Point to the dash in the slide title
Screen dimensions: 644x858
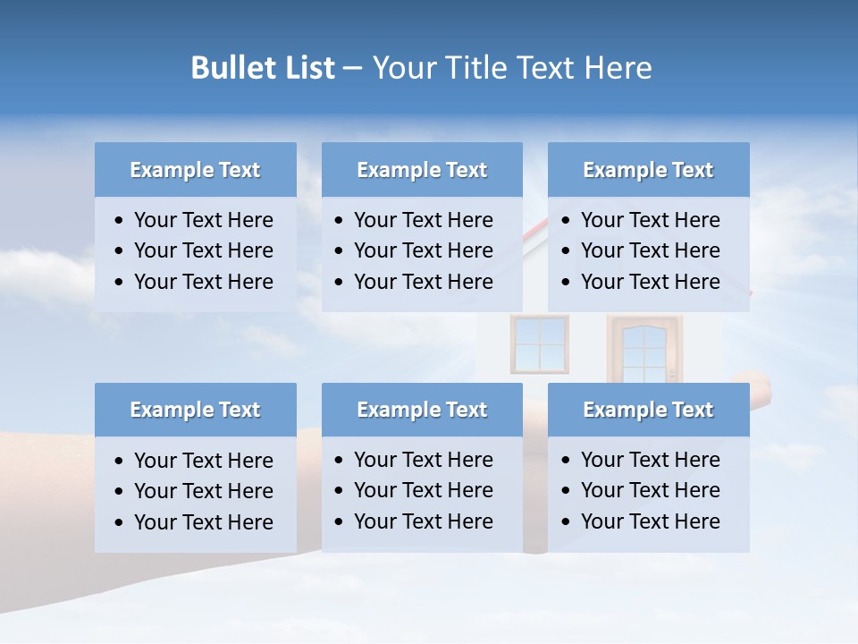(352, 69)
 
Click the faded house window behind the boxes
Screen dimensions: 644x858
(539, 344)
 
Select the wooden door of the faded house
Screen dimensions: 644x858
(643, 350)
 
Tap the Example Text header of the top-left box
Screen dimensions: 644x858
(195, 170)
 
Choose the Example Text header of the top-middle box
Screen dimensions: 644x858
(422, 170)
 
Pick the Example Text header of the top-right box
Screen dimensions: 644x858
(648, 170)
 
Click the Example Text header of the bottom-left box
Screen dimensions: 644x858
(195, 410)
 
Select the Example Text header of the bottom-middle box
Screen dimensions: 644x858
(422, 410)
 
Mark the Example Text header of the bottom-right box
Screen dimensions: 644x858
(648, 410)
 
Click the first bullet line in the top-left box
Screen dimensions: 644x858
(203, 220)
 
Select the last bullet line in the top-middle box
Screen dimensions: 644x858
(423, 282)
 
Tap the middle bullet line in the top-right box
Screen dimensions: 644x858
(650, 250)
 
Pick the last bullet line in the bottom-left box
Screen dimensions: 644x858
(203, 522)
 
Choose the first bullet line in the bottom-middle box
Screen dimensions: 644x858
(423, 460)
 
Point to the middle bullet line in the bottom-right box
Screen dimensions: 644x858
(650, 490)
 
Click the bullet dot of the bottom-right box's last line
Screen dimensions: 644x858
(566, 522)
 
